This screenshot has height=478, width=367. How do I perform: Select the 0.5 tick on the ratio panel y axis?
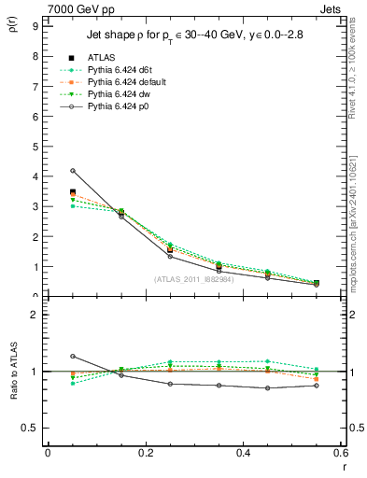point(29,428)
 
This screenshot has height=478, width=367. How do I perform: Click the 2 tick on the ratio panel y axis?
point(33,315)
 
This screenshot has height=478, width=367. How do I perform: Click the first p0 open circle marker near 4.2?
point(72,171)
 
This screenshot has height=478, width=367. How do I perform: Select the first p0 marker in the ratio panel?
point(72,356)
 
